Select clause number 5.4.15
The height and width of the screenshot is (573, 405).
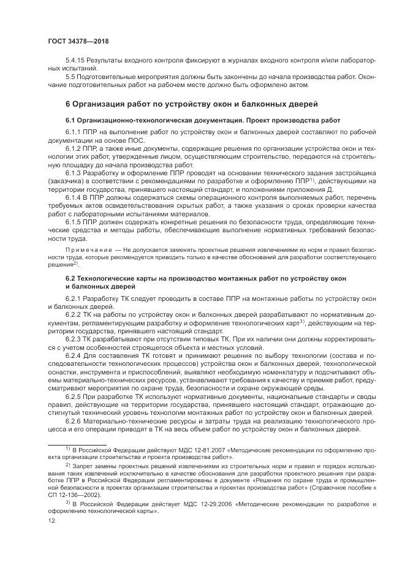[76, 61]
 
